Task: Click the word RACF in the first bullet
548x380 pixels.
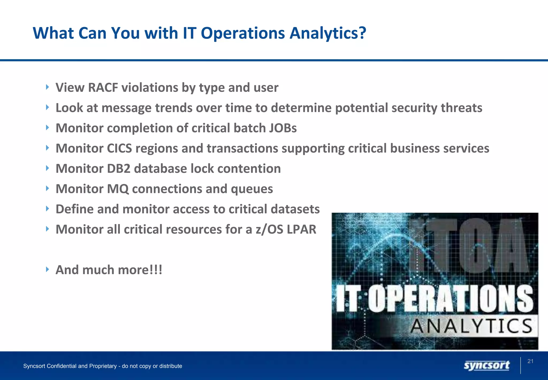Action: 103,88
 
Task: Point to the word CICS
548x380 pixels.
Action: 119,148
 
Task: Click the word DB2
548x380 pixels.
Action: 119,169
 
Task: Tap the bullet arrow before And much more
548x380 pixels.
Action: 47,269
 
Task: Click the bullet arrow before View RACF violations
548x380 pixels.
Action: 47,87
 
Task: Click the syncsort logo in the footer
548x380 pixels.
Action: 486,366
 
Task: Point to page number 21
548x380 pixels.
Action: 530,361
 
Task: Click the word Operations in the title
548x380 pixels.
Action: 243,33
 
